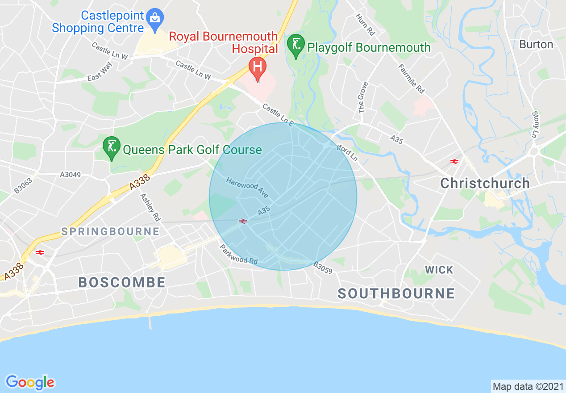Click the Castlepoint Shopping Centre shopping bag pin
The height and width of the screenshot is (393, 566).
tap(155, 19)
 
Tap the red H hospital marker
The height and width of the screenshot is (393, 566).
tap(257, 67)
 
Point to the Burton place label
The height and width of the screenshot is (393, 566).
tap(536, 45)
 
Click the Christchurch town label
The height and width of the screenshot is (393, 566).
tap(485, 183)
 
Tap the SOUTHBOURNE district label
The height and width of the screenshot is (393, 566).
tap(396, 293)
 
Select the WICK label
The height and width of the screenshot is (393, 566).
tap(439, 270)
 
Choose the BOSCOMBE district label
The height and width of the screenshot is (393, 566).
tap(122, 282)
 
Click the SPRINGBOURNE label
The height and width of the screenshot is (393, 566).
tap(110, 231)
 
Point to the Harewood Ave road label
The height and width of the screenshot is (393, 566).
tap(247, 188)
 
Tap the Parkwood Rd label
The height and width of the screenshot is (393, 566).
tap(238, 254)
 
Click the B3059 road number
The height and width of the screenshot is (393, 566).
tap(324, 268)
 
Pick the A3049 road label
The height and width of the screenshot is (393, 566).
tap(71, 175)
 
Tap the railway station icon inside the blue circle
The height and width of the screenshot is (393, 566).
tap(243, 221)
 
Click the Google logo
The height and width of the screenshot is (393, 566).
tap(30, 382)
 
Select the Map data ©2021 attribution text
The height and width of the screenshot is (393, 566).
tap(528, 386)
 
